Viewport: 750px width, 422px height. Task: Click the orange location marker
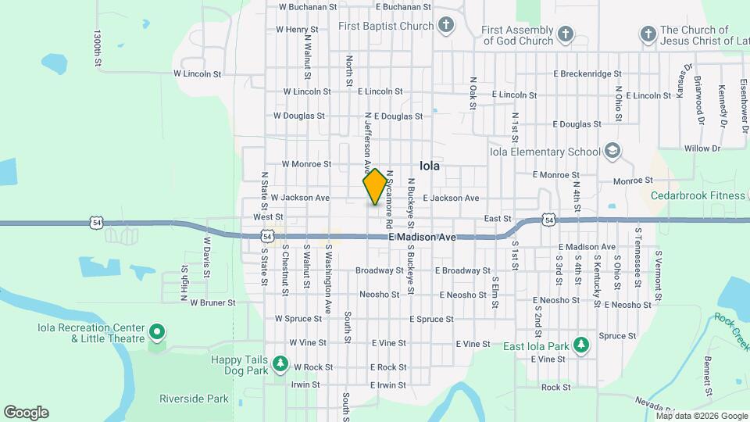click(375, 187)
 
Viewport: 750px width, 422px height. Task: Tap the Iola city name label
click(430, 166)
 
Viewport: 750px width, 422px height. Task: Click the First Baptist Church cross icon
click(446, 26)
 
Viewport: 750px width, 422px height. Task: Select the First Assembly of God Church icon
click(566, 34)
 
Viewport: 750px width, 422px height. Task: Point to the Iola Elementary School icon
click(613, 152)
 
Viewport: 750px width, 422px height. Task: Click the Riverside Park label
click(194, 399)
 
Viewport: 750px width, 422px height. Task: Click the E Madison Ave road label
click(422, 237)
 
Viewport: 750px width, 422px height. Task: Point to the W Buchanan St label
click(308, 6)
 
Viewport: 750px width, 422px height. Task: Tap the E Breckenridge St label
click(587, 73)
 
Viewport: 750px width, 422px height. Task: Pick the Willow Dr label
click(702, 148)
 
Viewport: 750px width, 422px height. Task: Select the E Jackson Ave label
click(451, 198)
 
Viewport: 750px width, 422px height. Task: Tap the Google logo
click(26, 413)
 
